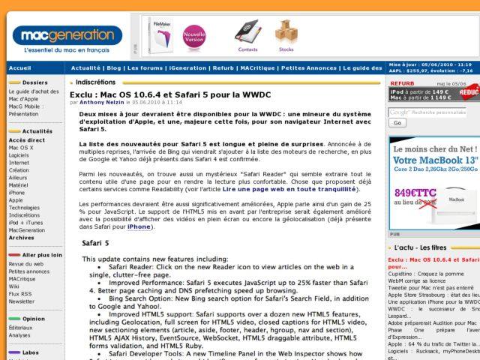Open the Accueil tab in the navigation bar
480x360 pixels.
point(19,67)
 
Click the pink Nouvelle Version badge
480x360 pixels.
point(194,36)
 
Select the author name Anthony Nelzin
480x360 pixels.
point(102,102)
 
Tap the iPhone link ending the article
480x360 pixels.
point(139,226)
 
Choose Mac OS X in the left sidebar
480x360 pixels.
point(21,148)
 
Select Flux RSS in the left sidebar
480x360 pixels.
point(21,293)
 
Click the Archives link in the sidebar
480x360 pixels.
point(22,237)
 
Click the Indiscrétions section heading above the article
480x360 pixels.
point(95,82)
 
